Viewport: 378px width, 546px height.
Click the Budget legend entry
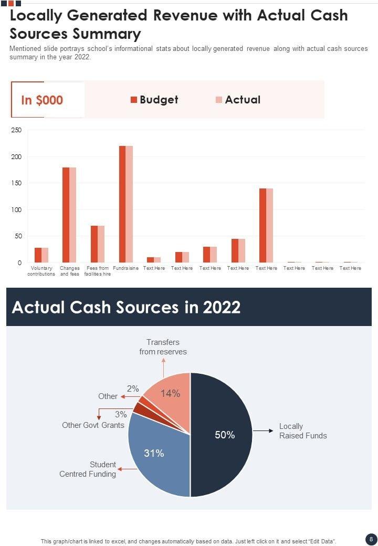154,100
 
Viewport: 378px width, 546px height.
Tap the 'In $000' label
42,100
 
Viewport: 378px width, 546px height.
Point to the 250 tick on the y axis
16,130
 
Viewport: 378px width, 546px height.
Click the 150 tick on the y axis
16,183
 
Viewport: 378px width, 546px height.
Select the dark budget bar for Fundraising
122,205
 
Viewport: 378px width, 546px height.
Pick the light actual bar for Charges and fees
73,215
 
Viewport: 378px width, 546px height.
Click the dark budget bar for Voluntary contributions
38,255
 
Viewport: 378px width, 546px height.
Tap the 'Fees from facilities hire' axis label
98,271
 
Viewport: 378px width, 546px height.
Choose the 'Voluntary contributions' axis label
41,271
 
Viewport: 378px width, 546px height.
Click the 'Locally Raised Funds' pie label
302,431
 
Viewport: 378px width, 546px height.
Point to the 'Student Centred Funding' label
88,469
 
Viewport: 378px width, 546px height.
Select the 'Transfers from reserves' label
163,347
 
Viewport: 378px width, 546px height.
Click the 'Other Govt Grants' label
93,425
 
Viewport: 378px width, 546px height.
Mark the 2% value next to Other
133,389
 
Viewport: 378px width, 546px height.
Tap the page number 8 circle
371,539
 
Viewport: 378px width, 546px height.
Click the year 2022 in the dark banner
217,307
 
